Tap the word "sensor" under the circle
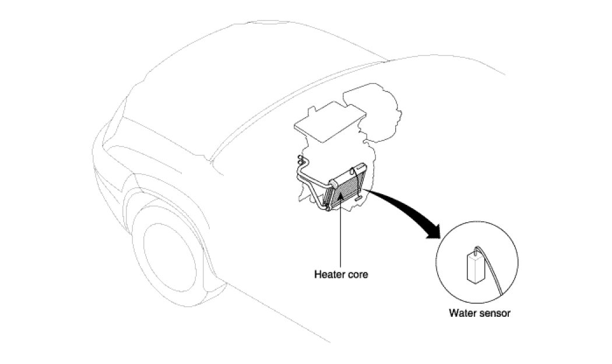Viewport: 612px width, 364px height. point(495,313)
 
